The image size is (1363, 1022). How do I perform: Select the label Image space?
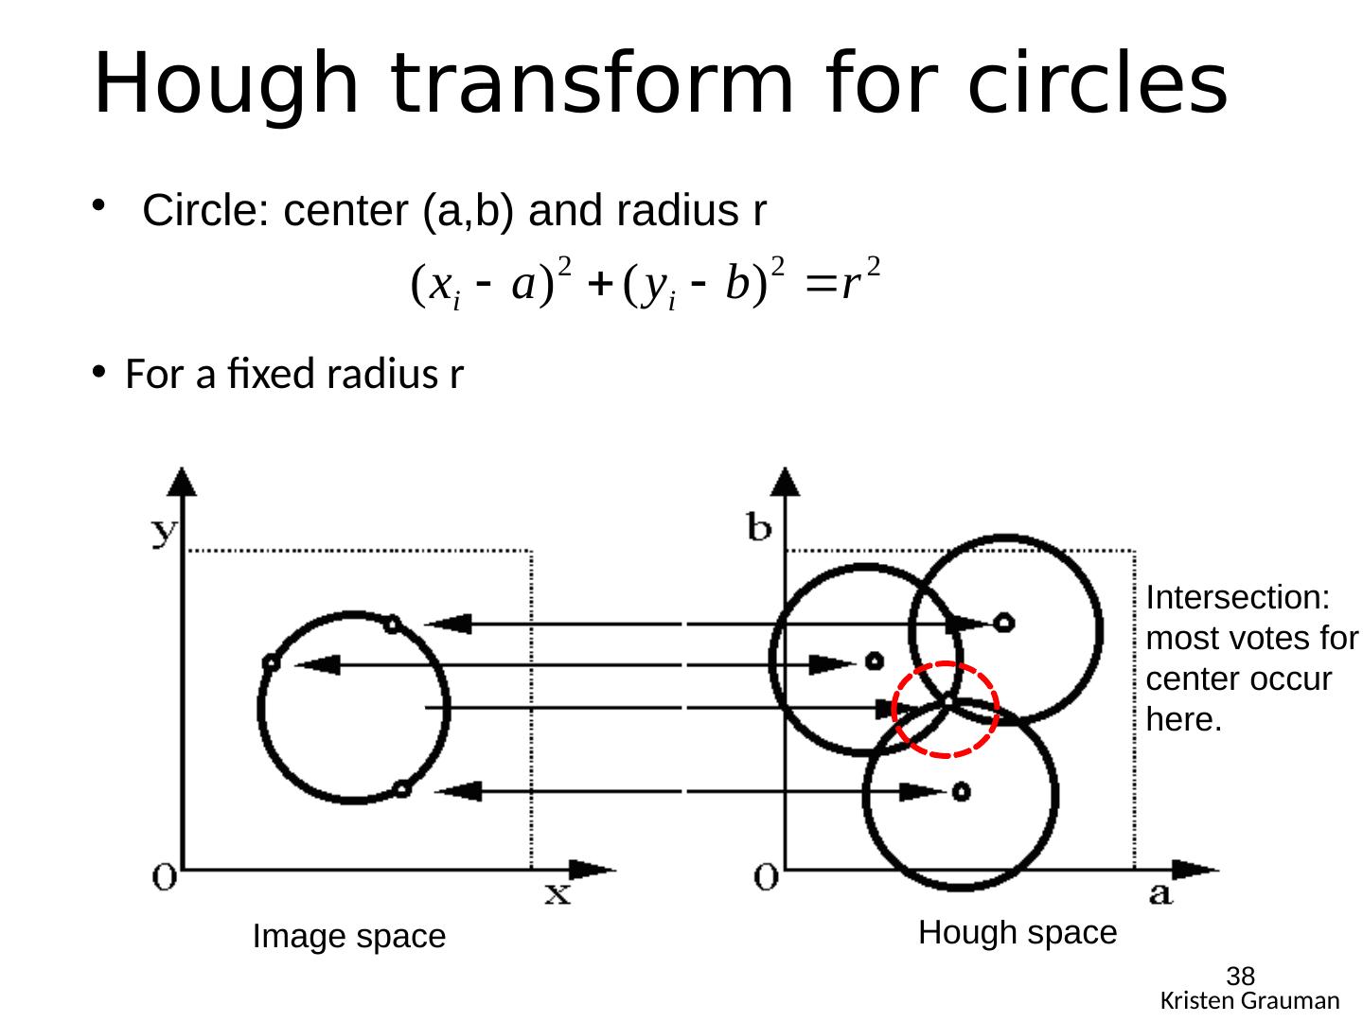348,937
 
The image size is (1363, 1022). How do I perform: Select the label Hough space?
1018,933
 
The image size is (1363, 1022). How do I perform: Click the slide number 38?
1240,977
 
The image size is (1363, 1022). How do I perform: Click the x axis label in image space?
558,892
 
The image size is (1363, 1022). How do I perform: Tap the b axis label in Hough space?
759,528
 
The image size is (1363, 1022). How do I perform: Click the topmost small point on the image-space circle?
392,624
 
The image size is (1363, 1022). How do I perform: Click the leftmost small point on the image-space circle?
271,662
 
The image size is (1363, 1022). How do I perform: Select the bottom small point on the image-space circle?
401,788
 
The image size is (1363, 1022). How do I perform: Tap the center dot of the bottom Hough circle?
962,790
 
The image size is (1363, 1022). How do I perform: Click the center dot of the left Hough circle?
875,660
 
